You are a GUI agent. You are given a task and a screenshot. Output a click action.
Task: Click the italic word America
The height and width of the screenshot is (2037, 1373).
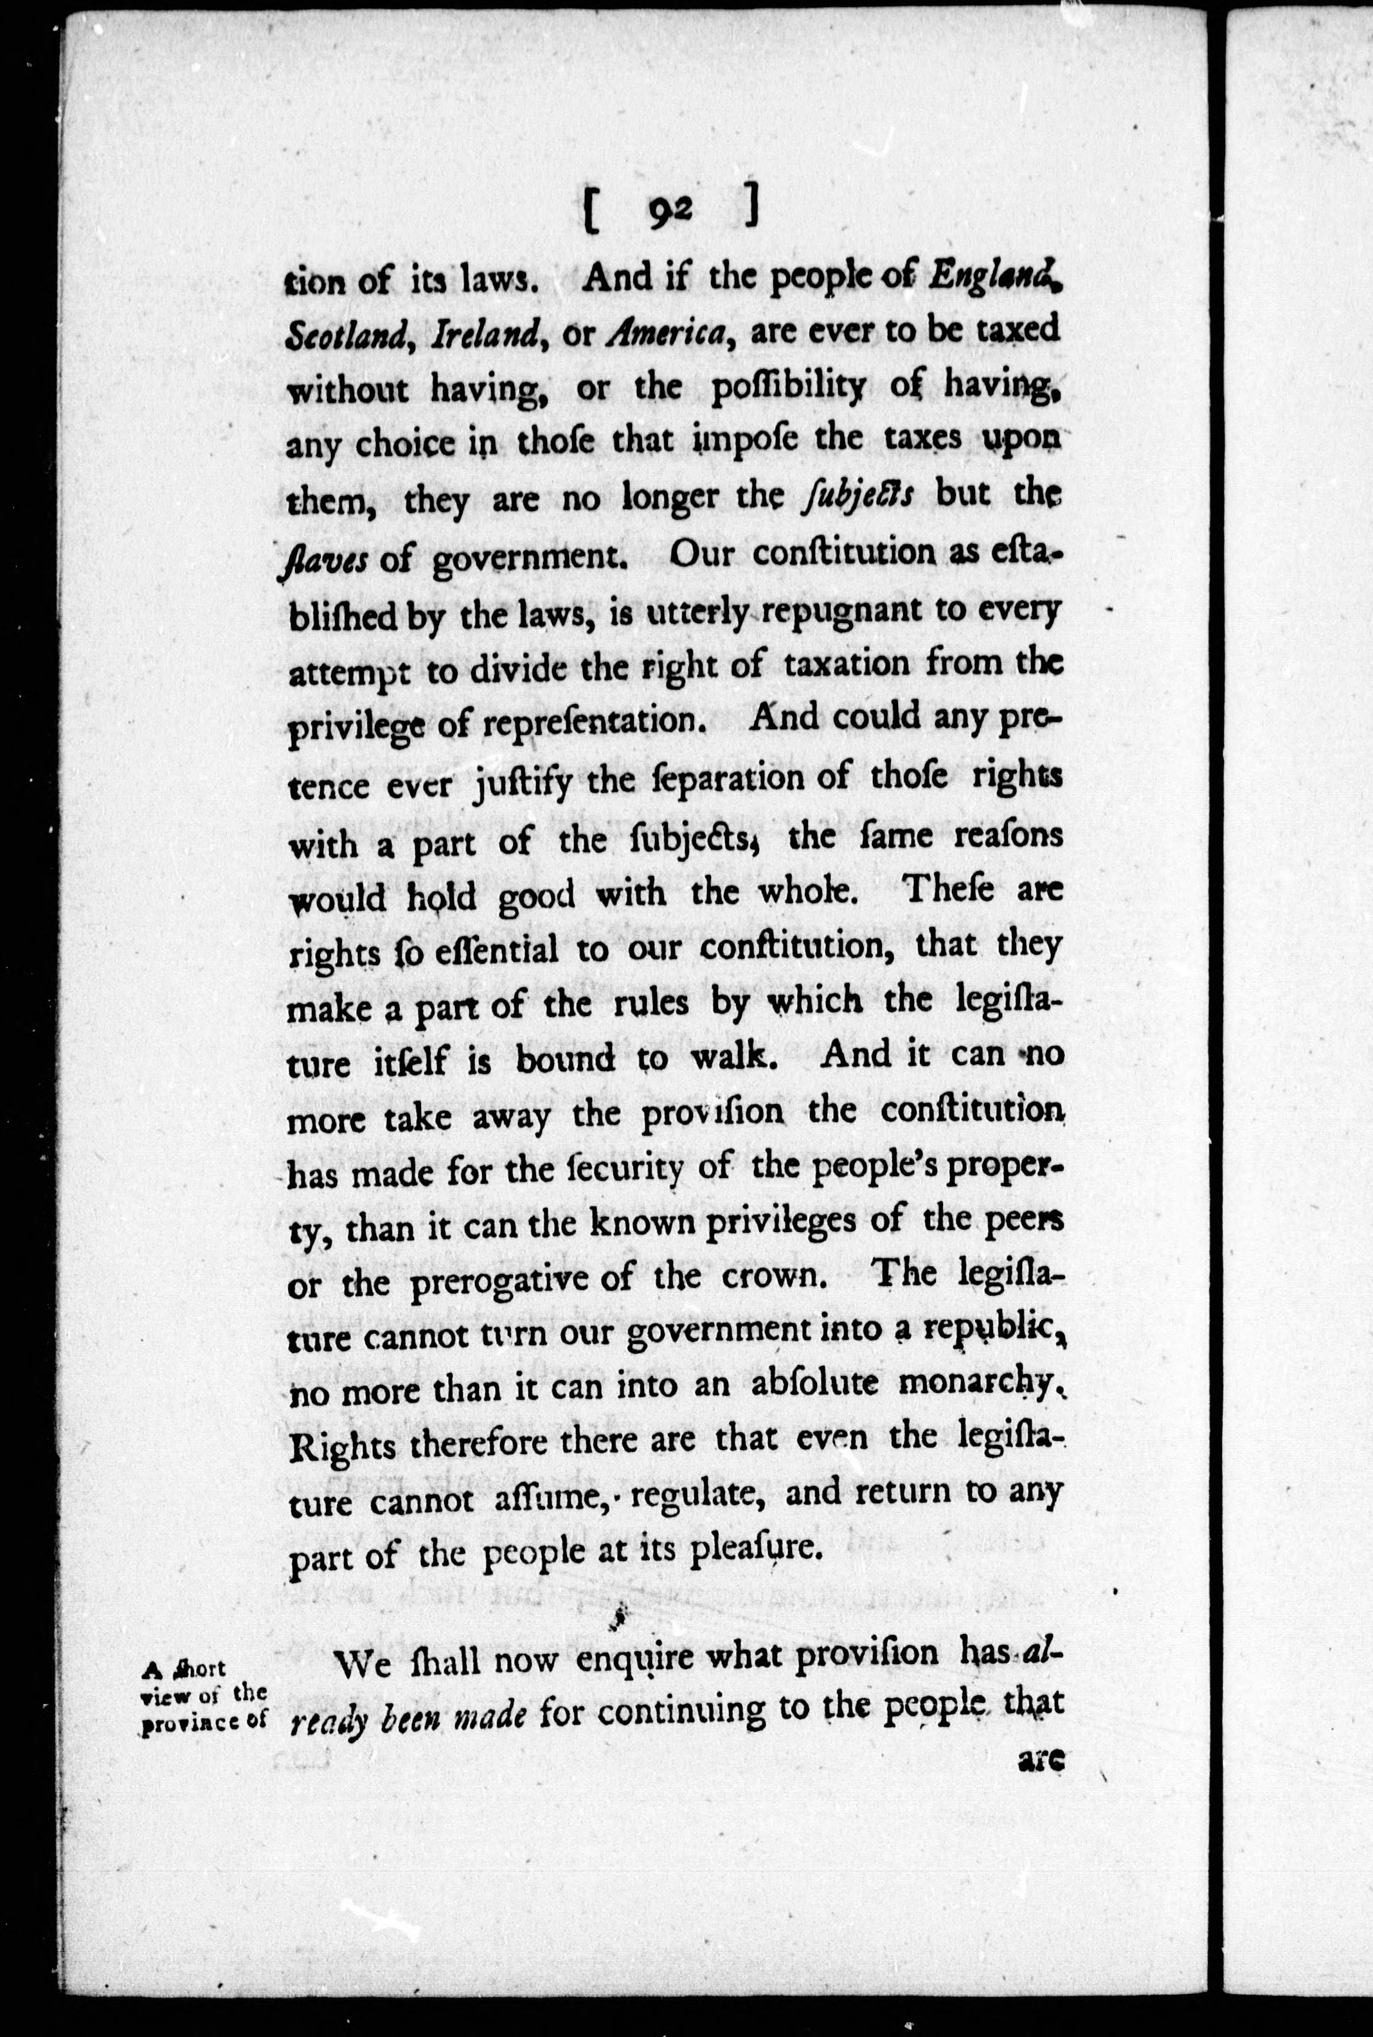[669, 334]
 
